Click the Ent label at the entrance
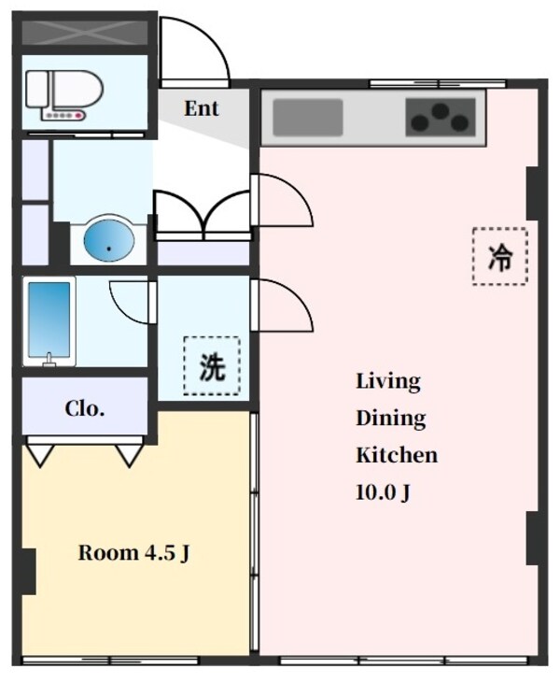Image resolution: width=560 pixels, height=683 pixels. (201, 108)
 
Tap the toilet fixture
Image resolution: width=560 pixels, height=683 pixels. (56, 94)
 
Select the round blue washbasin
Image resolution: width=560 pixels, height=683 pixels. (108, 240)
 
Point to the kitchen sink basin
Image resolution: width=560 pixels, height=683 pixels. (308, 118)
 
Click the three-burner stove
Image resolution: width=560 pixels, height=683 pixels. (440, 118)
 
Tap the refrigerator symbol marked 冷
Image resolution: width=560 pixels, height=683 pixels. (499, 256)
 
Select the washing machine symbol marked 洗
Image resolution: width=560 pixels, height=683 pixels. (211, 366)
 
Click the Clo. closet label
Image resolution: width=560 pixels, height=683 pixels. (84, 408)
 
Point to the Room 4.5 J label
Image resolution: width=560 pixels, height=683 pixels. (134, 552)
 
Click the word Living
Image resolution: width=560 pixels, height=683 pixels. (387, 381)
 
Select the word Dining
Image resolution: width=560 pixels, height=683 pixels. (390, 419)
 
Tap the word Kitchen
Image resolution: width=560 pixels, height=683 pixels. (396, 456)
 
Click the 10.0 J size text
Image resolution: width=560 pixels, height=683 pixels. (383, 493)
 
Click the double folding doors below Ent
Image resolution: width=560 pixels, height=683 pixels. (202, 213)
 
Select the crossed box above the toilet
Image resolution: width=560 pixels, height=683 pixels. (84, 32)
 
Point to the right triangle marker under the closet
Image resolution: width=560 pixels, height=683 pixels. (128, 455)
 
